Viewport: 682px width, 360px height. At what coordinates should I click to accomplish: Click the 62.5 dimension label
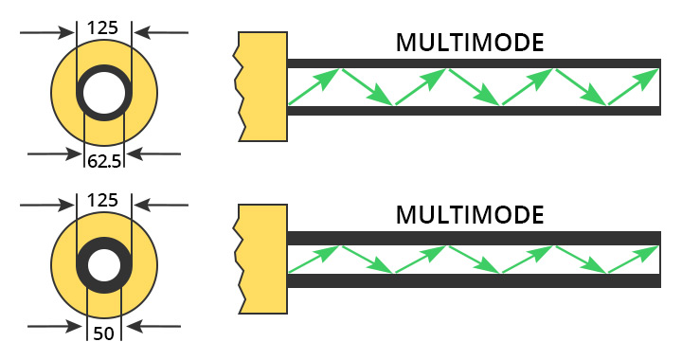pos(104,161)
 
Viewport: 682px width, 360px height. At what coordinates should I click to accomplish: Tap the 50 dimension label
pos(104,333)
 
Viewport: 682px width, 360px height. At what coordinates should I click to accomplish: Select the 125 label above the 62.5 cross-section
pos(102,27)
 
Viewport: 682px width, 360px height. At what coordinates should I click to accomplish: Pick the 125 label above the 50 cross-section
pos(102,200)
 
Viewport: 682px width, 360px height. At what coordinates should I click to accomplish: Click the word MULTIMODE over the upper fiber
pos(470,43)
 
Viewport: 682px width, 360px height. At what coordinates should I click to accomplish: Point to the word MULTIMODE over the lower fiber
pos(470,214)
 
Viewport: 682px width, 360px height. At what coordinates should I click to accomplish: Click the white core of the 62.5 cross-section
pos(104,93)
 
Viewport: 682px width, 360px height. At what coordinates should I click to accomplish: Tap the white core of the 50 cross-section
pos(104,264)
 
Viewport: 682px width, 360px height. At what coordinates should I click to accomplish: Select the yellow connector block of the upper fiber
pos(263,86)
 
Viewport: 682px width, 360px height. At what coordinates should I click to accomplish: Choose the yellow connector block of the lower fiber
pos(263,258)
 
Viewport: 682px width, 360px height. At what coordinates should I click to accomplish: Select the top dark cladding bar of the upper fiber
pos(474,63)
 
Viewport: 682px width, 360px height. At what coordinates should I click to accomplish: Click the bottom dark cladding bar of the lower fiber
pos(474,280)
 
